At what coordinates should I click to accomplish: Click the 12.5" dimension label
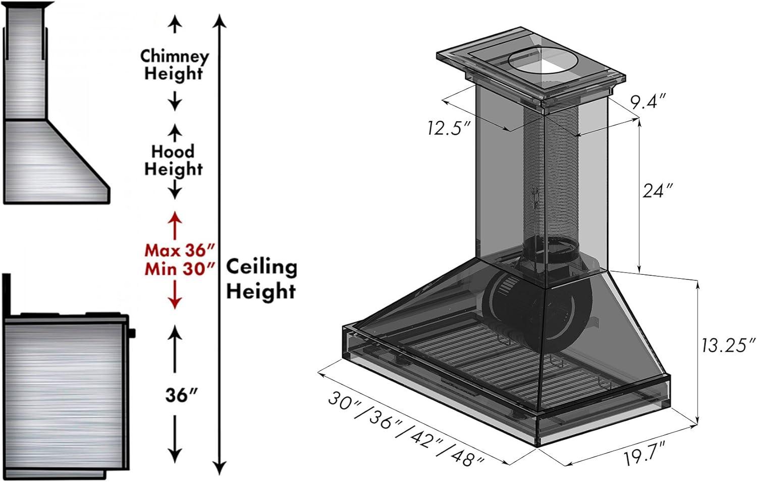(x=449, y=128)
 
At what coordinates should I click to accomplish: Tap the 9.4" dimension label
(x=648, y=101)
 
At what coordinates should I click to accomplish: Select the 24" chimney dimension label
(x=658, y=191)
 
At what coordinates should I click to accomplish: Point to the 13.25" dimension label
(x=728, y=345)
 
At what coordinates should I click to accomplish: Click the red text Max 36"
(x=180, y=251)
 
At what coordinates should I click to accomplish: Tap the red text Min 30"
(x=180, y=270)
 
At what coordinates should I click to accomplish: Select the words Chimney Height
(x=175, y=65)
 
